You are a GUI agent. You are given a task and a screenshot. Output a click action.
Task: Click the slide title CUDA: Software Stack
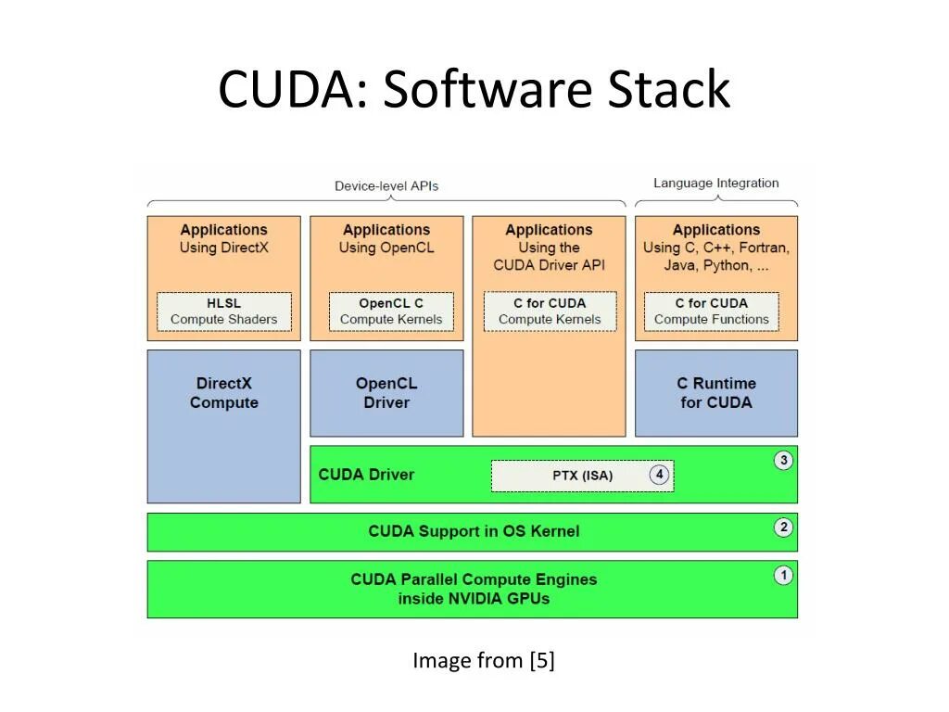point(474,90)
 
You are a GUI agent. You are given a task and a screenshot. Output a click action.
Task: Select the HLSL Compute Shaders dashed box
point(223,311)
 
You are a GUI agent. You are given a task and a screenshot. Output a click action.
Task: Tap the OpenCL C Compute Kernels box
point(391,311)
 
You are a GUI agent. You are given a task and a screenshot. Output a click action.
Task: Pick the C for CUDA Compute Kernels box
point(550,311)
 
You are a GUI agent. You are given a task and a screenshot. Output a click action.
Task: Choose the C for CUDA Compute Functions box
point(711,311)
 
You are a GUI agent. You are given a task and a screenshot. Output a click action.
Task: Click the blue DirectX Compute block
point(223,426)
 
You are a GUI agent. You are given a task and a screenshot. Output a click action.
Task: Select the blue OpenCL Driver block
point(386,393)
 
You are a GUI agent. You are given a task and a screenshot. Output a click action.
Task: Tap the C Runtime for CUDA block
point(715,393)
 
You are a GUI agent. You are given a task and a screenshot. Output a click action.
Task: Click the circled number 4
point(659,475)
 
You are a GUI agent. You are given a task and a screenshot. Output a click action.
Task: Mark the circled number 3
point(784,461)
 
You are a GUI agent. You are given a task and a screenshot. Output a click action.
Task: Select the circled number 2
point(784,528)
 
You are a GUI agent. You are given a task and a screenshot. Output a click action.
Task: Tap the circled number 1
point(784,576)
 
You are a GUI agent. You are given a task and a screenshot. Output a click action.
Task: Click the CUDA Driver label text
point(366,475)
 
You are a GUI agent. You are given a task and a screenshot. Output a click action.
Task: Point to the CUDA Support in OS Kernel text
point(474,531)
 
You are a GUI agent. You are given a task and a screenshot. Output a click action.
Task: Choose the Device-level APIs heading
point(386,185)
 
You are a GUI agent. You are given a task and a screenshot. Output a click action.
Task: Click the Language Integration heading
point(716,183)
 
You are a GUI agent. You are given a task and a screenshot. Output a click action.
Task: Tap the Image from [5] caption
point(484,660)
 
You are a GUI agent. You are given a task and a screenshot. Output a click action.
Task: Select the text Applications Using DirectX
point(223,238)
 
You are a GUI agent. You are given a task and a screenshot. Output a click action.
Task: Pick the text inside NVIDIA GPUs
point(474,599)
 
